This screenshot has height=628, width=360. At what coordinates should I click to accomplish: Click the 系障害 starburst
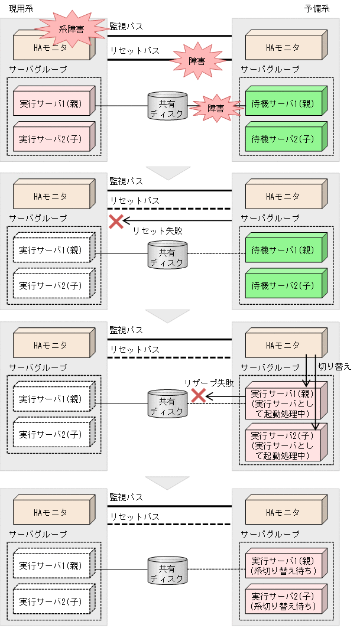67,27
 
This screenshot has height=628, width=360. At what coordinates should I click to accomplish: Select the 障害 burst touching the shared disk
215,108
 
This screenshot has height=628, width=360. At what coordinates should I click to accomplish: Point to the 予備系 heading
333,9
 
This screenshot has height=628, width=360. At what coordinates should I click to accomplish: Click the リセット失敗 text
157,231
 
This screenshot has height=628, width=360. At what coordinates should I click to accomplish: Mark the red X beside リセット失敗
116,222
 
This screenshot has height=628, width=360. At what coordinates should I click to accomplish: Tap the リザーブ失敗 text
209,383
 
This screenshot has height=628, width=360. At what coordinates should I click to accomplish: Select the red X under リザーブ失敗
198,396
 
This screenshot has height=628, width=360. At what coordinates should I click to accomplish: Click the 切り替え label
335,366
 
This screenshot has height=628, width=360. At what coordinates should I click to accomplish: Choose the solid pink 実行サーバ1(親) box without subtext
52,103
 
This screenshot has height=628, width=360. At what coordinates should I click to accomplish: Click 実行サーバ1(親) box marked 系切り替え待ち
283,565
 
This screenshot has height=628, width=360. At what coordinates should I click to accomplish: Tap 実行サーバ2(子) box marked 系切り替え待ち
283,601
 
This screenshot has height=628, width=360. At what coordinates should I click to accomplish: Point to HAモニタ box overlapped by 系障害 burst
52,47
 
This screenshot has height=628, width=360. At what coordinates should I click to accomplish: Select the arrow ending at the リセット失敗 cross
177,222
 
